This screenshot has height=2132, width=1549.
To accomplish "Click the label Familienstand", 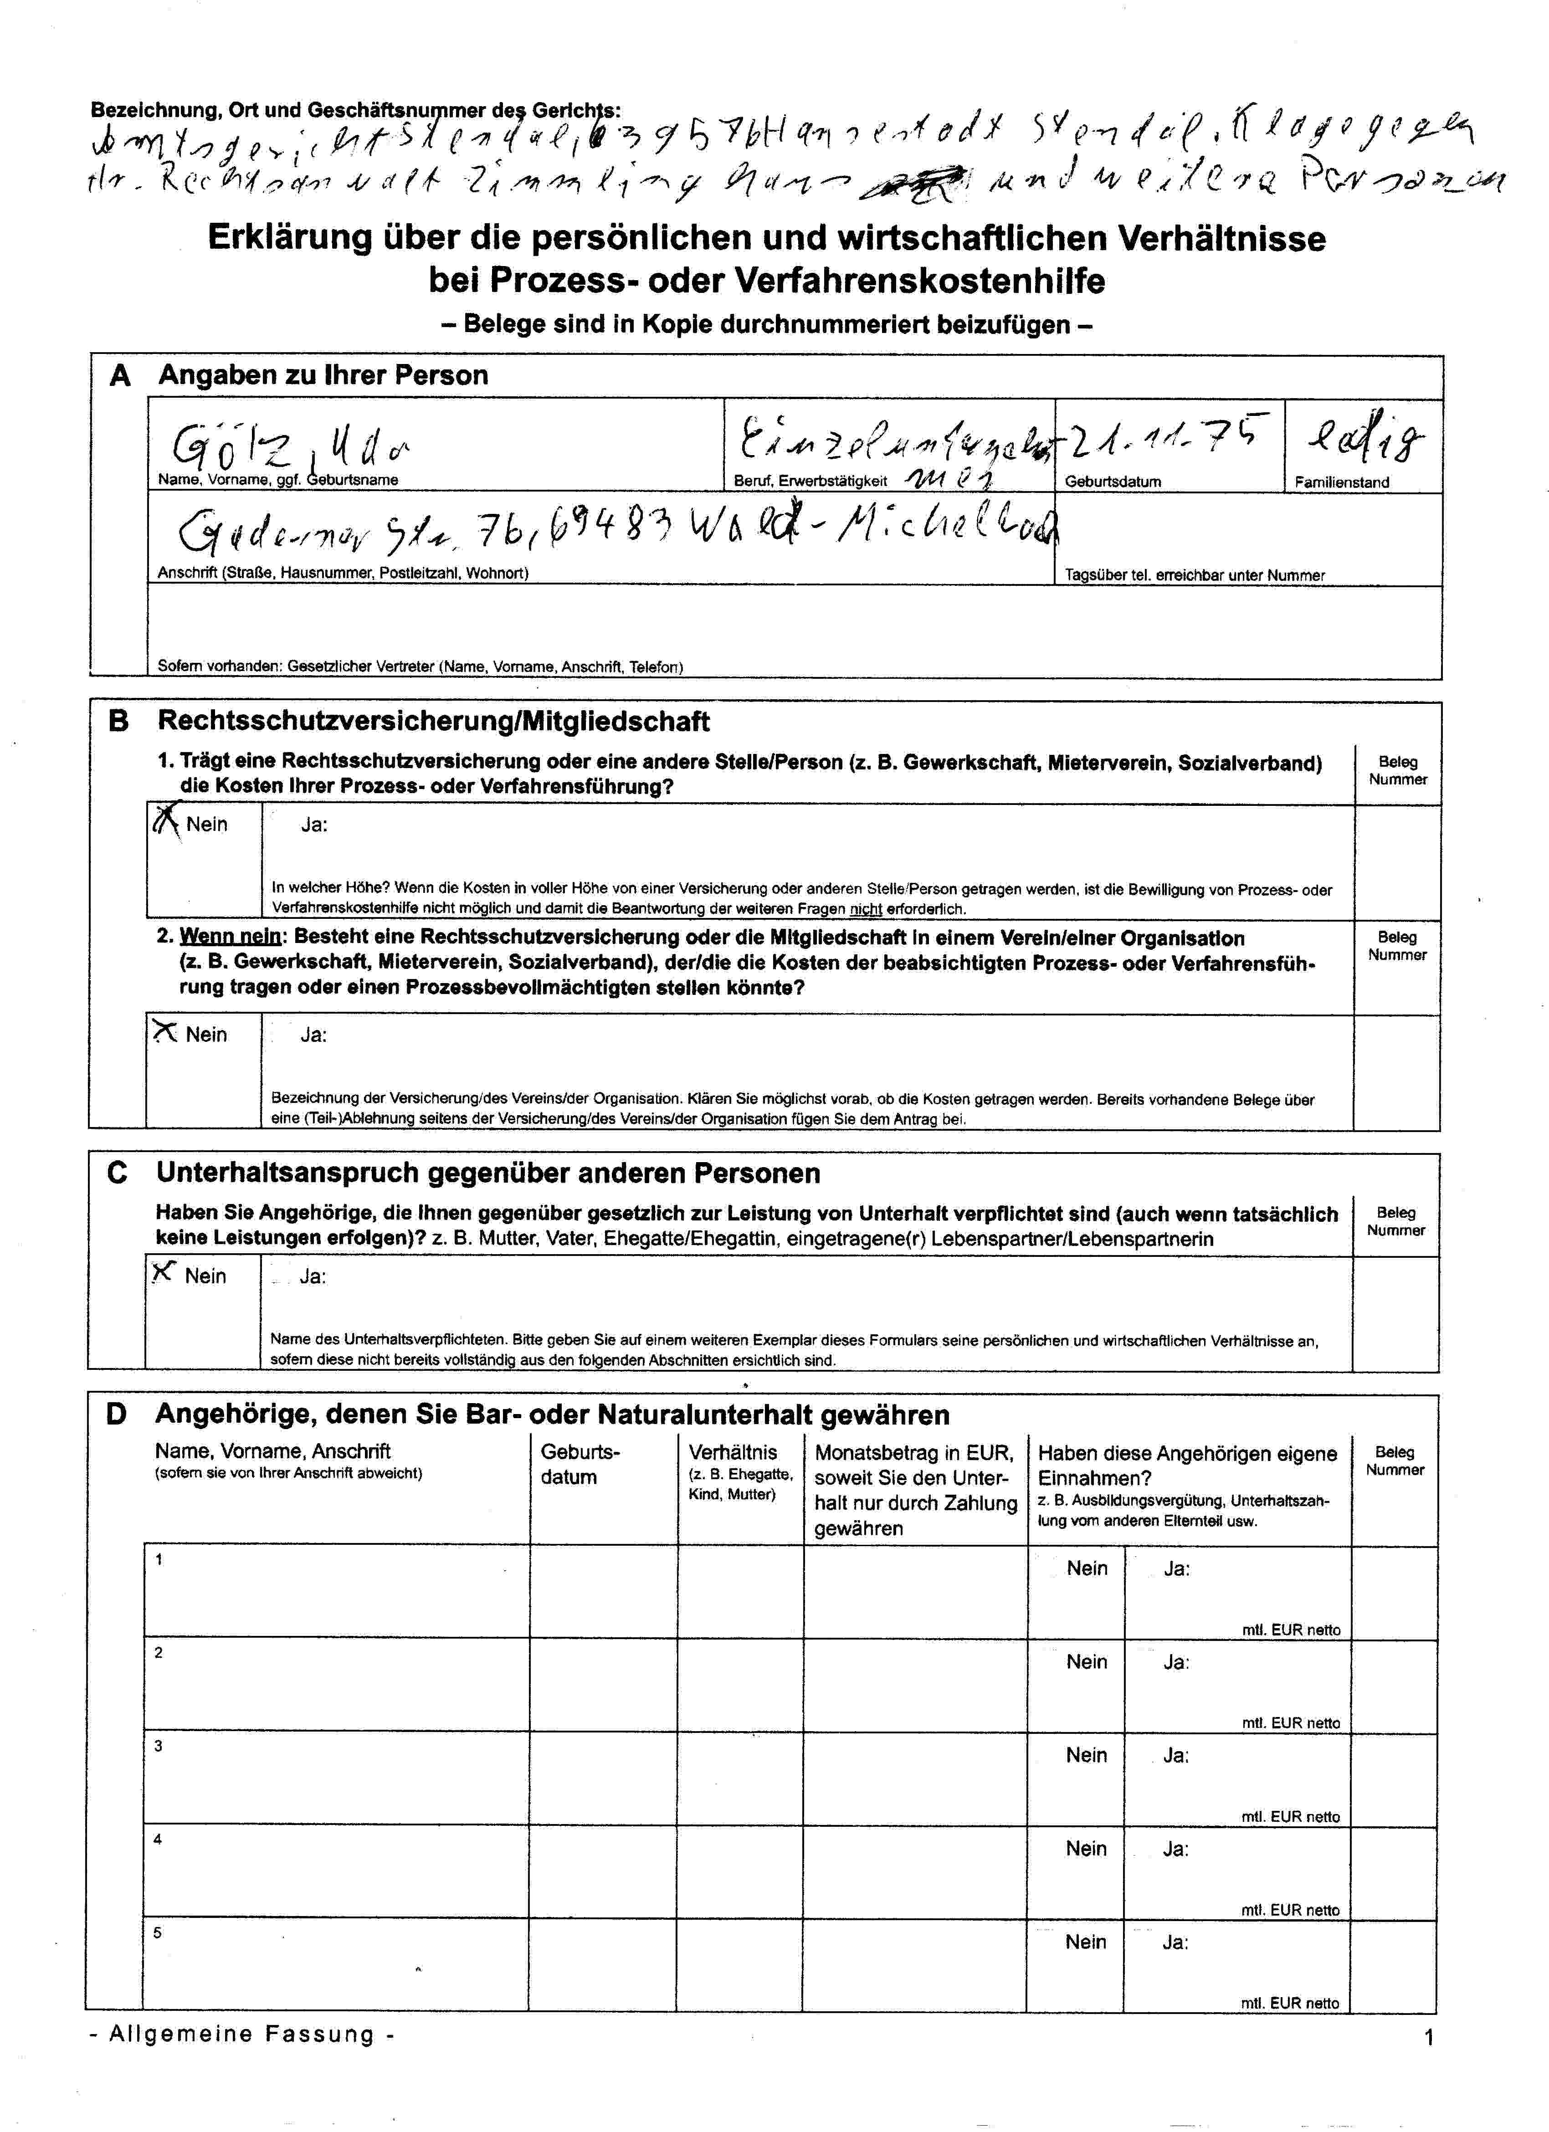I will tap(1341, 482).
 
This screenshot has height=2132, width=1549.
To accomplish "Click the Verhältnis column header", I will tap(733, 1452).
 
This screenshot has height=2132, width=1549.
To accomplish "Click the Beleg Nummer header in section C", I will tap(1395, 1221).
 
